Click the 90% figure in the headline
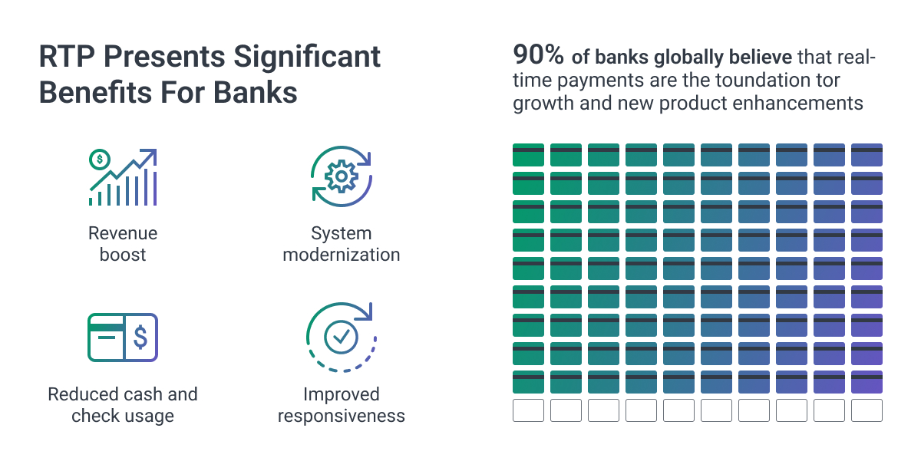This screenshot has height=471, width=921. (540, 56)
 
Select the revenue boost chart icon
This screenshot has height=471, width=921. (123, 178)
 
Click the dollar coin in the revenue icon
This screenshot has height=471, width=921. (100, 160)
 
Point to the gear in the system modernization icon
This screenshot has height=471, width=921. (340, 177)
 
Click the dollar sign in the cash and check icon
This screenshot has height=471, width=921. (140, 337)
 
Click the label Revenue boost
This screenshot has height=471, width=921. (123, 244)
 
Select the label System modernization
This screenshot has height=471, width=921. (342, 244)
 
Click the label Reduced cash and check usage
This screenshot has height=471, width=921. (123, 405)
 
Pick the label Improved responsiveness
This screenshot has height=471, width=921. (342, 405)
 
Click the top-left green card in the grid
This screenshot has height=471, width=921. (528, 155)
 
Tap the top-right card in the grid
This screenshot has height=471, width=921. (867, 155)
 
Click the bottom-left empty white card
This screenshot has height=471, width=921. (528, 410)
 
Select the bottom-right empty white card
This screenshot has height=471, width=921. (867, 410)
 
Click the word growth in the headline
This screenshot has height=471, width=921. (543, 103)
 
